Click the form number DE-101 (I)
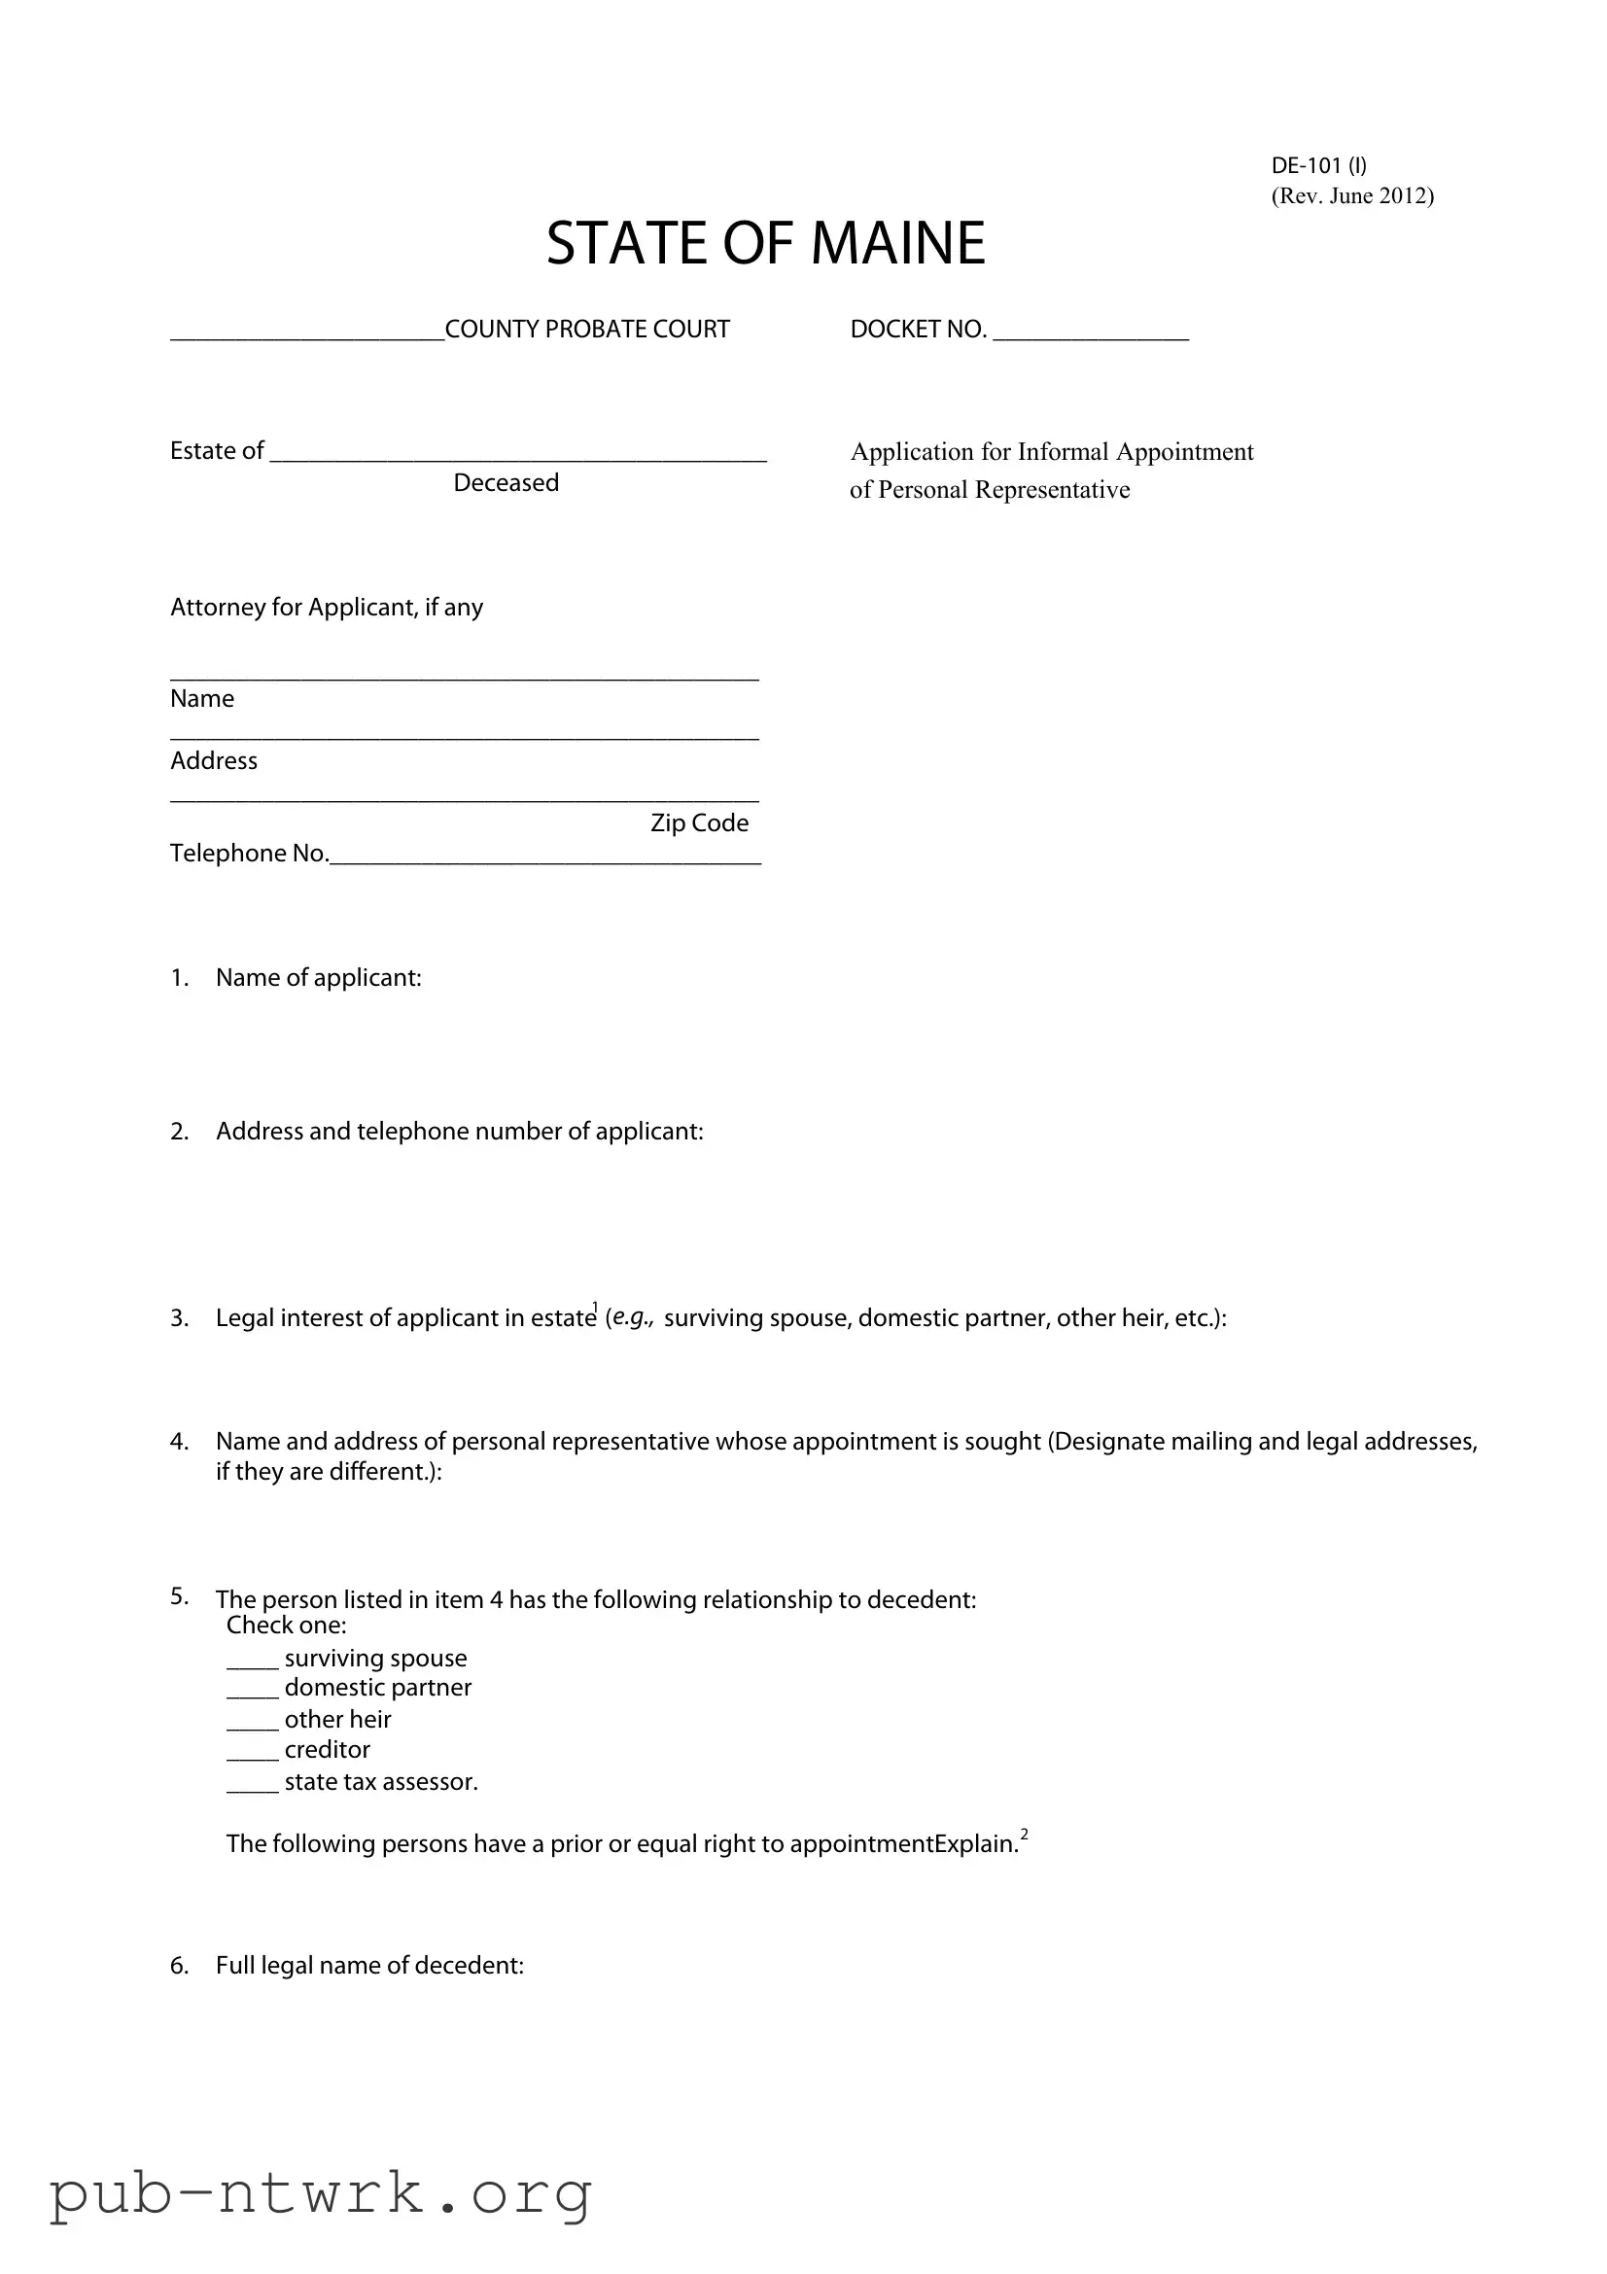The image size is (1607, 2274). pos(1318,165)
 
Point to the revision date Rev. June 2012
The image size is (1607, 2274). pos(1351,196)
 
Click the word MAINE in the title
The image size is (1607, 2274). pos(897,244)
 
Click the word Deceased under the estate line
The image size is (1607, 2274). pos(506,483)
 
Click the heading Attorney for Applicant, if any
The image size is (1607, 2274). pos(326,607)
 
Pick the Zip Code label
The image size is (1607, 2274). pos(699,823)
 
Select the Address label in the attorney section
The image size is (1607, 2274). pos(214,760)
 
